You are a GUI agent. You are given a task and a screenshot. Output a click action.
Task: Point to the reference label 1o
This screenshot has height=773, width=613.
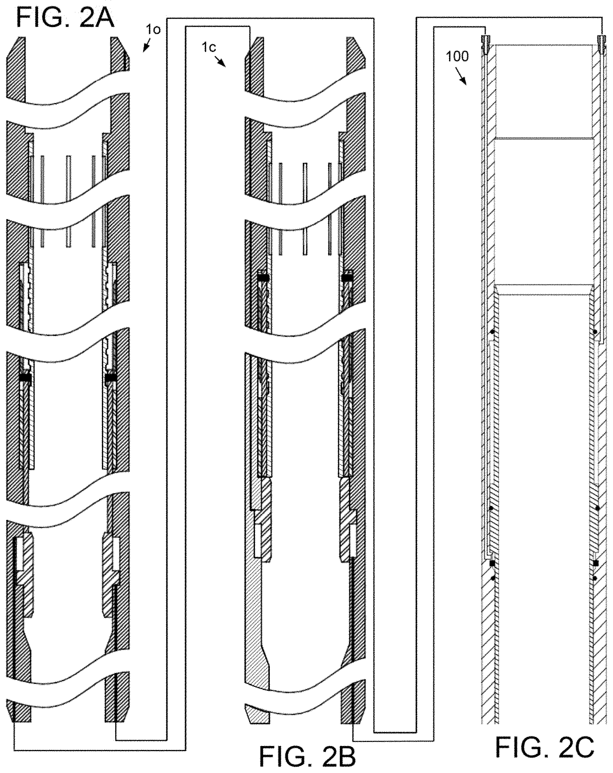pos(153,29)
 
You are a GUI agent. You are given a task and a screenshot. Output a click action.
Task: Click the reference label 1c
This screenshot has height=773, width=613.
pos(209,48)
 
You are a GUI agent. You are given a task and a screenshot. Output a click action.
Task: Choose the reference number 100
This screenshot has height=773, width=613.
pos(457,57)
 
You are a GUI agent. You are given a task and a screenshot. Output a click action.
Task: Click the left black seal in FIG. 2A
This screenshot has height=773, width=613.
pos(25,377)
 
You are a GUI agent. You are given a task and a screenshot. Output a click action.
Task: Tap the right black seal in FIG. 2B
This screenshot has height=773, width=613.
pos(347,278)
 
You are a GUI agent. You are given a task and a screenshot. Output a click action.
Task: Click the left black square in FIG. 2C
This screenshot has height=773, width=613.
pos(492,563)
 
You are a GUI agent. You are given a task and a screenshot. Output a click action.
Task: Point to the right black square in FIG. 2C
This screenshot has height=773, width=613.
pos(595,563)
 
